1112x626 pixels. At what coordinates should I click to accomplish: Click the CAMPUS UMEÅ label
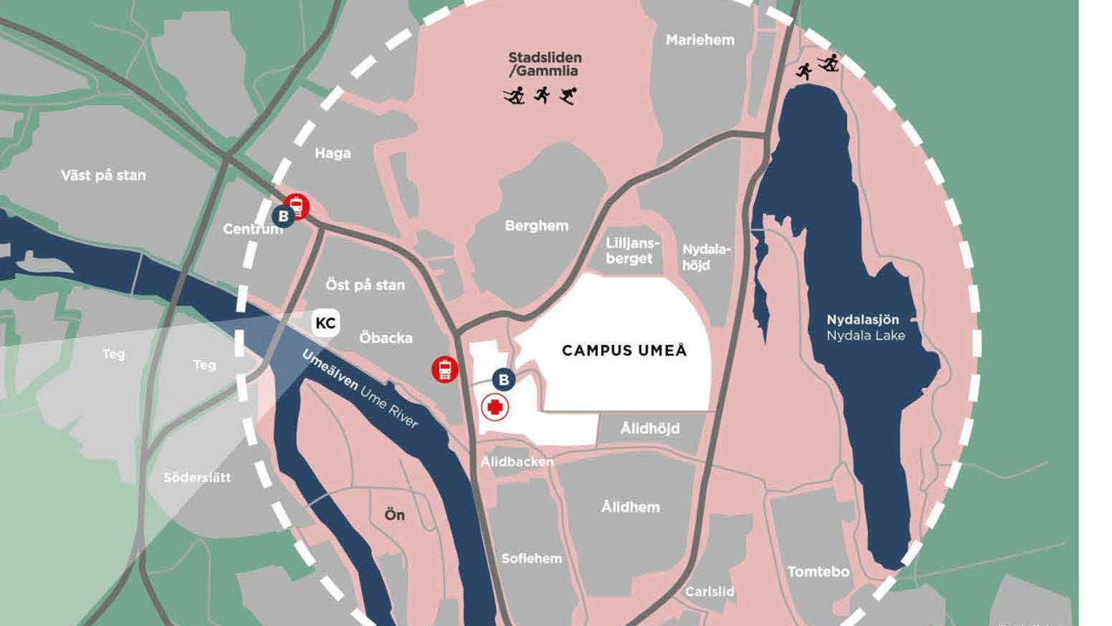(x=624, y=350)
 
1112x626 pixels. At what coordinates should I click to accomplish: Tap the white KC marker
(x=326, y=323)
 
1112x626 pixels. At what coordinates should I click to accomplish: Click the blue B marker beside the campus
(x=503, y=379)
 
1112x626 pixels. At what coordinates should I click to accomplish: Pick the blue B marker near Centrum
(x=283, y=216)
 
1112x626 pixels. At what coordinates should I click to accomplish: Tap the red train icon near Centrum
(x=298, y=206)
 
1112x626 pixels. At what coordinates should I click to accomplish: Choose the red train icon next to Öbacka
(x=445, y=370)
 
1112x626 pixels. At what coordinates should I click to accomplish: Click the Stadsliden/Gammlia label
(x=545, y=64)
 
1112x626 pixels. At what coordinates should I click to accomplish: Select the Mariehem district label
(x=699, y=40)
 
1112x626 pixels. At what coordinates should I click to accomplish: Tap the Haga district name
(x=333, y=154)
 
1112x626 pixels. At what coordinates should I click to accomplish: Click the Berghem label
(x=537, y=226)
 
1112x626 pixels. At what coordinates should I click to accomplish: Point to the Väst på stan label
(x=103, y=176)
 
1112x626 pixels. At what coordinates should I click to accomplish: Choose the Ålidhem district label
(x=630, y=507)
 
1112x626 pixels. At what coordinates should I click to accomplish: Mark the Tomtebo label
(x=818, y=572)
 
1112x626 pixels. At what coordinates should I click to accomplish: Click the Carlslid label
(x=709, y=592)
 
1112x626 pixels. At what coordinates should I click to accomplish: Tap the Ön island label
(x=394, y=516)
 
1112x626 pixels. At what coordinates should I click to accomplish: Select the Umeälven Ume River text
(x=360, y=389)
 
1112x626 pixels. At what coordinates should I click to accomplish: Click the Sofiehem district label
(x=531, y=559)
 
